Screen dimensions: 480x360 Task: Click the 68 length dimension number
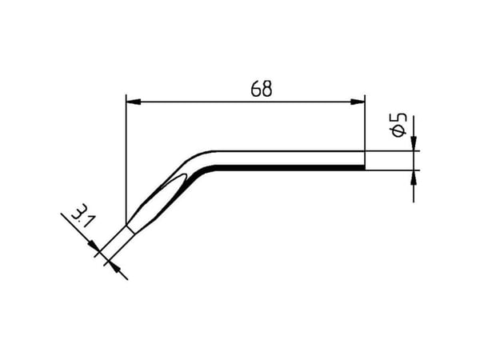(x=261, y=89)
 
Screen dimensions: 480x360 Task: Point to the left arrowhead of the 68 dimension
(x=134, y=102)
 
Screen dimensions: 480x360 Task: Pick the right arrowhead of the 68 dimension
(x=358, y=102)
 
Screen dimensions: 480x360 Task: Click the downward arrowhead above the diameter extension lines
(x=414, y=143)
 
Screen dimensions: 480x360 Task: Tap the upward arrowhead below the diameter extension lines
(x=414, y=178)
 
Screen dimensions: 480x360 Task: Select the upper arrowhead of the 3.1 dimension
(x=94, y=246)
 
